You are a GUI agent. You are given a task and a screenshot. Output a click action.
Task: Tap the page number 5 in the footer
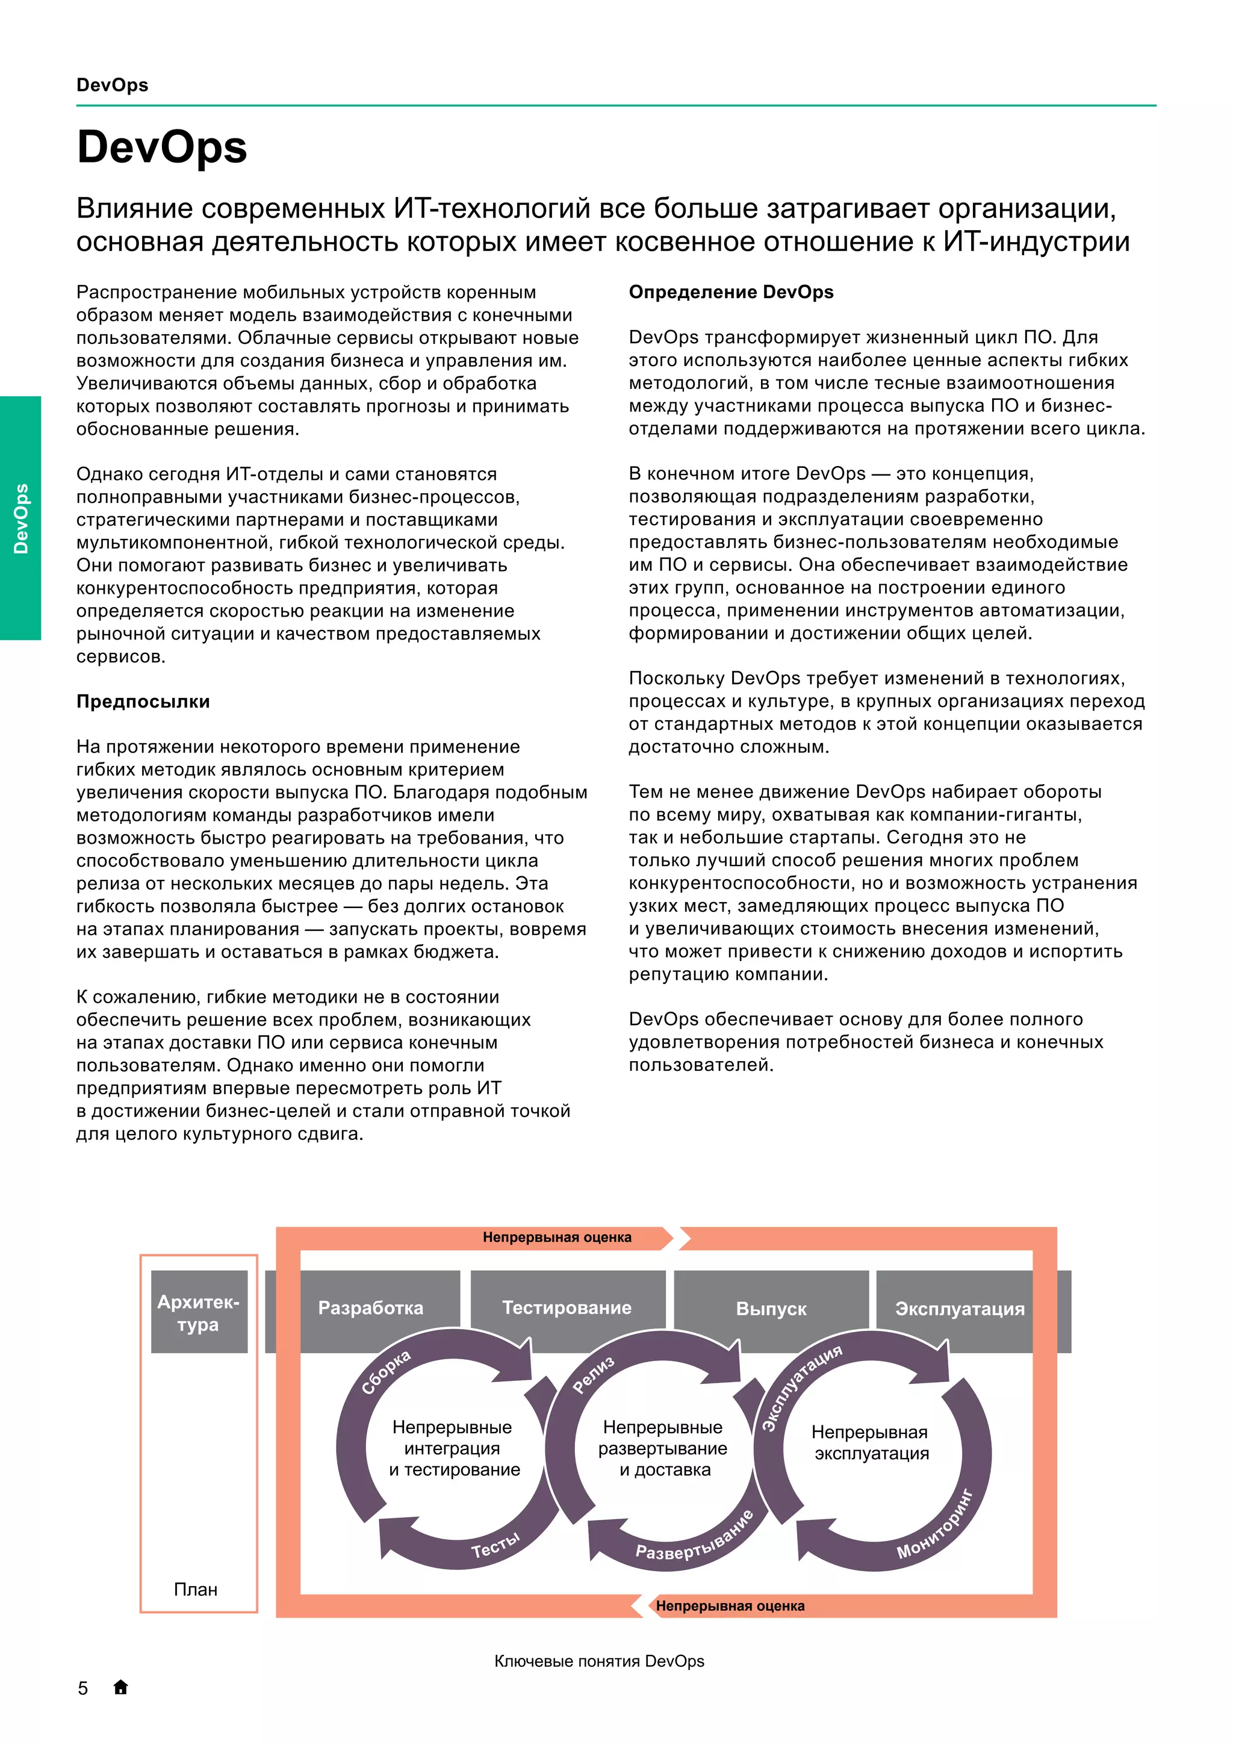coord(82,1688)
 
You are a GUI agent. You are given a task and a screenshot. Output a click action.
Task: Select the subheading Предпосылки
coord(143,701)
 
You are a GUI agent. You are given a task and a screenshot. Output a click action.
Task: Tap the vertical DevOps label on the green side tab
coord(20,518)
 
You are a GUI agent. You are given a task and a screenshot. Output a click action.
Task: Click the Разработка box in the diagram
coord(370,1307)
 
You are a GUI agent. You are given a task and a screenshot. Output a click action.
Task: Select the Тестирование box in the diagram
coord(567,1307)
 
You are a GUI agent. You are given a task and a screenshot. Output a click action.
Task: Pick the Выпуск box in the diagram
coord(771,1308)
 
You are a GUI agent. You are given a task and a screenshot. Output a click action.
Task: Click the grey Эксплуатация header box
coord(960,1308)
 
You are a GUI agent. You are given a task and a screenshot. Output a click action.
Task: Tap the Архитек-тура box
coord(198,1313)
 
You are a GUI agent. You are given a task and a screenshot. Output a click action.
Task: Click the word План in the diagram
coord(196,1589)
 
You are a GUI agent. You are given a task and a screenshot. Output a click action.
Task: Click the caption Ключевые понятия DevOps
coord(599,1661)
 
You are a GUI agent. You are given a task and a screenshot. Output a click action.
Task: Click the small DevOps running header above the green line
coord(113,85)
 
